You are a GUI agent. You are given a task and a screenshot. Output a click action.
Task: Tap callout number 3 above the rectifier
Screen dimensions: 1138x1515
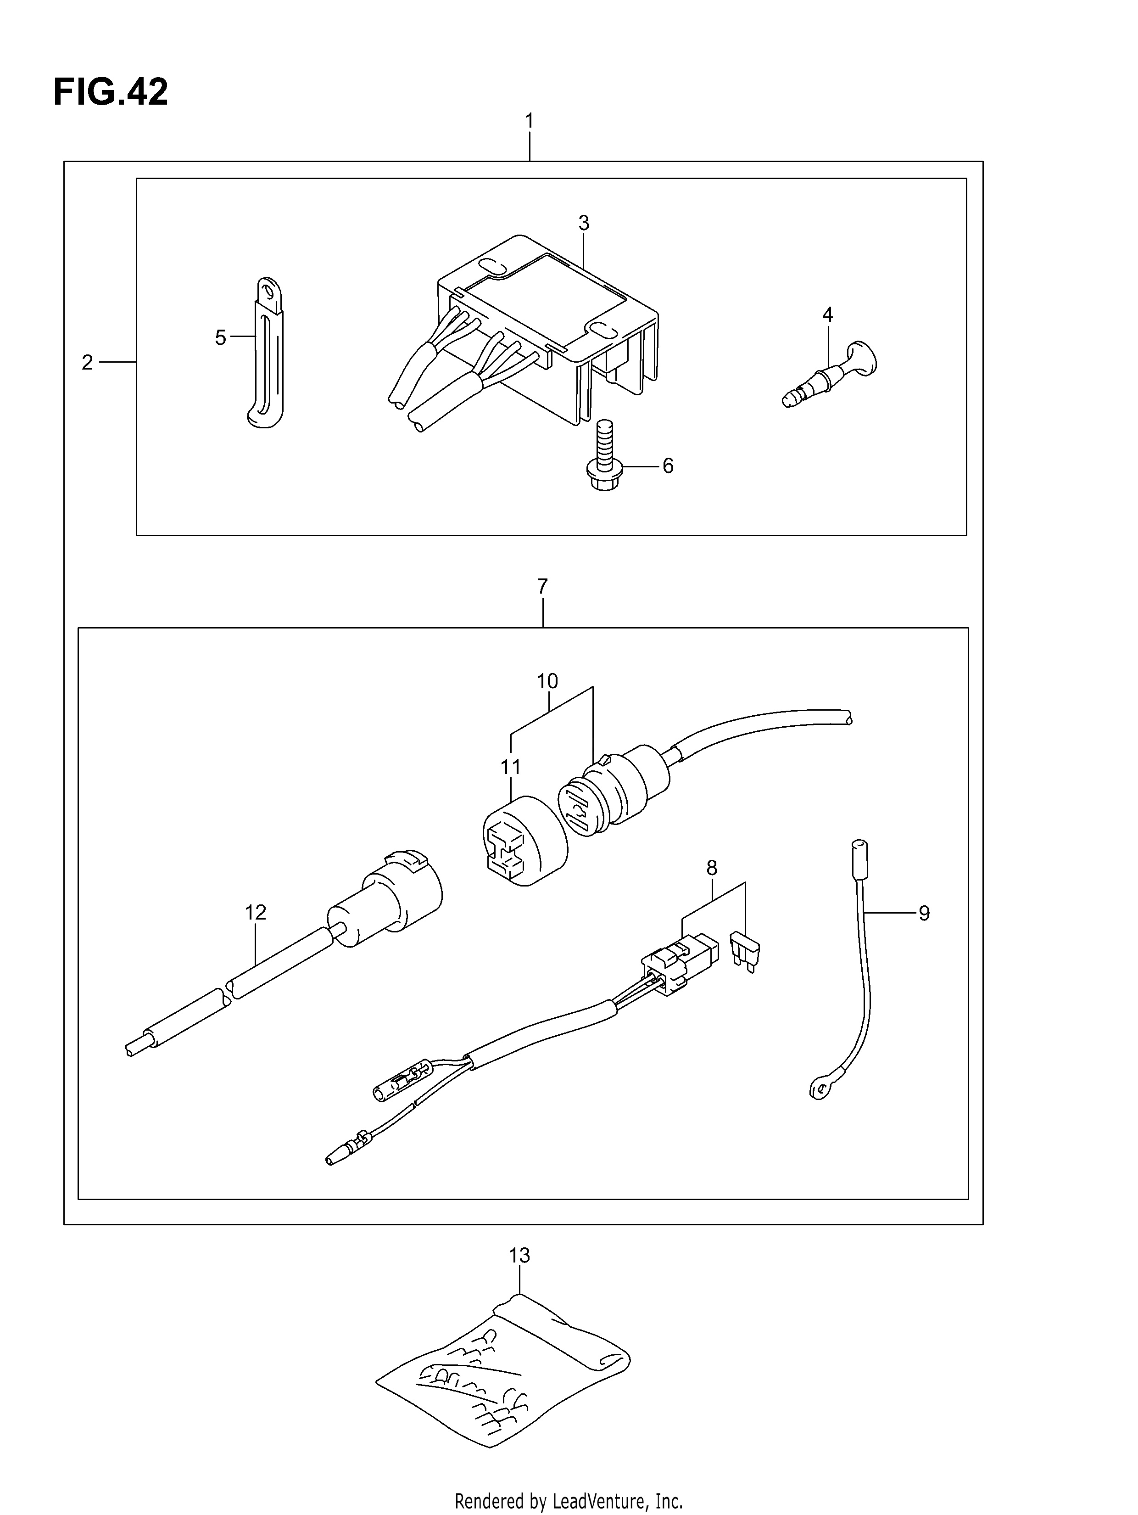click(x=583, y=223)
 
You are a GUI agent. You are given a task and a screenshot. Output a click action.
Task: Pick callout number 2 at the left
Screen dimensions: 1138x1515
click(x=87, y=362)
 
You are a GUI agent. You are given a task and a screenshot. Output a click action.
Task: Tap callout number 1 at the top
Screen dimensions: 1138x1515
click(x=529, y=121)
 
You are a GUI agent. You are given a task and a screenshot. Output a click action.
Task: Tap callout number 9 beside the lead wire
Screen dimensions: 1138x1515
click(x=924, y=913)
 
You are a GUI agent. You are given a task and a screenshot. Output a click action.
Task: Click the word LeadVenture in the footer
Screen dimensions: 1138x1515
click(x=598, y=1502)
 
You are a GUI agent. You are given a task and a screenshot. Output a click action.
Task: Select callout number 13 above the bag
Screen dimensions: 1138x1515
click(x=520, y=1256)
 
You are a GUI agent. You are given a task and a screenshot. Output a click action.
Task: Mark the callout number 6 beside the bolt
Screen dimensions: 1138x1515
click(x=668, y=466)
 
